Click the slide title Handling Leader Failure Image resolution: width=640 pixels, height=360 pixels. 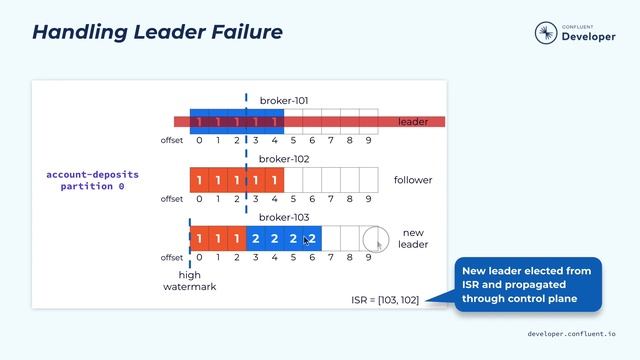(x=157, y=31)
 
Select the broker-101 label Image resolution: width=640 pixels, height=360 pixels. (x=285, y=101)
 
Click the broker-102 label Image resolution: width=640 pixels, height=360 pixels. (x=285, y=159)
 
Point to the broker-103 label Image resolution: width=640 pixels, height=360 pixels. (x=285, y=217)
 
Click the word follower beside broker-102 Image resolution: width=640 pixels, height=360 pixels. (x=413, y=180)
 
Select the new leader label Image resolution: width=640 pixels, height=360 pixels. (x=413, y=239)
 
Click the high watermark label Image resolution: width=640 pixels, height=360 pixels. (x=190, y=281)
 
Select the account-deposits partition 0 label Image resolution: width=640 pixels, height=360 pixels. (x=93, y=180)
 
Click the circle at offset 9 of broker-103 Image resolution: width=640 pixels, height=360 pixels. (x=374, y=239)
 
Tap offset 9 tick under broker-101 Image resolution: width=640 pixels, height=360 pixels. (x=368, y=141)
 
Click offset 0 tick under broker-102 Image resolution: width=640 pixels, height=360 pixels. (x=199, y=199)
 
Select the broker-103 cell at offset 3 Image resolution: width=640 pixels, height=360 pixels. (x=256, y=239)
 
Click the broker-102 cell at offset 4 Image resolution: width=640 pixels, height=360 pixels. (x=274, y=180)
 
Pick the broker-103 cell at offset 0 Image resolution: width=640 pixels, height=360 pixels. (x=199, y=239)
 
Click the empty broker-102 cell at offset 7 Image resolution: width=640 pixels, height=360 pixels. (x=331, y=180)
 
